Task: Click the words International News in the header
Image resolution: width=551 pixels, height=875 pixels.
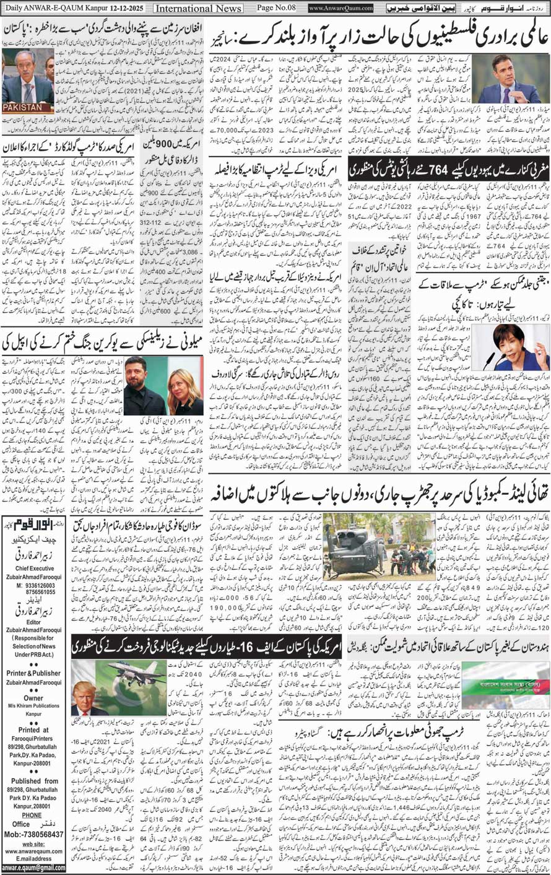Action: (x=198, y=8)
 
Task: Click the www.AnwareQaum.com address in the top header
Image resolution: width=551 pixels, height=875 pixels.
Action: (x=341, y=8)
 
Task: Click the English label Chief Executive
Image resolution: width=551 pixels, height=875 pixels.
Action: (x=35, y=568)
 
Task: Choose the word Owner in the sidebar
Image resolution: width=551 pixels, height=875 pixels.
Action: (x=34, y=697)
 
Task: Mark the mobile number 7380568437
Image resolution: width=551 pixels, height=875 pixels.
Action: (x=41, y=834)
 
